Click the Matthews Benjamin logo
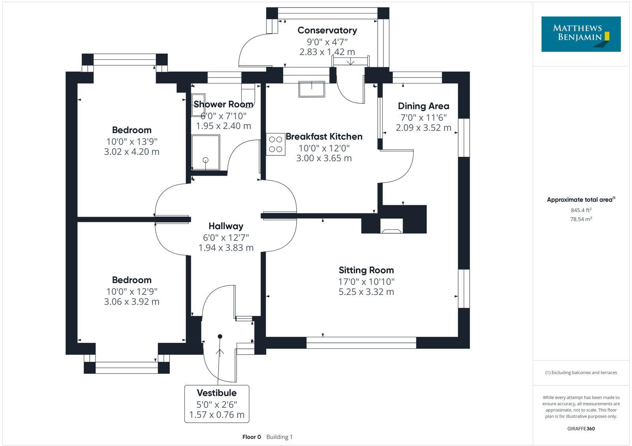pyautogui.click(x=581, y=34)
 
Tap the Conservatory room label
pyautogui.click(x=327, y=30)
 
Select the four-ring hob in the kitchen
pyautogui.click(x=276, y=144)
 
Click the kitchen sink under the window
pyautogui.click(x=312, y=89)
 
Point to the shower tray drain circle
pyautogui.click(x=205, y=160)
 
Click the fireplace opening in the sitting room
pyautogui.click(x=391, y=226)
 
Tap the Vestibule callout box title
pyautogui.click(x=217, y=393)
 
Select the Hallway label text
pyautogui.click(x=226, y=226)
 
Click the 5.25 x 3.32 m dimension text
pyautogui.click(x=366, y=292)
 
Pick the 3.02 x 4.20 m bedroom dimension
pyautogui.click(x=132, y=152)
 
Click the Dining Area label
pyautogui.click(x=423, y=106)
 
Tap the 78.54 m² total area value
pyautogui.click(x=581, y=219)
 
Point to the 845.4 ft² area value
pyautogui.click(x=581, y=210)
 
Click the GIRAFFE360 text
pyautogui.click(x=581, y=429)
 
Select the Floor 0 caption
pyautogui.click(x=252, y=437)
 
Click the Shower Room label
pyautogui.click(x=223, y=104)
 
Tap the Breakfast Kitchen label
pyautogui.click(x=324, y=137)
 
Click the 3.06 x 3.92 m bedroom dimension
pyautogui.click(x=132, y=302)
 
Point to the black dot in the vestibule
pyautogui.click(x=220, y=336)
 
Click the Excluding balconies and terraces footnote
pyautogui.click(x=581, y=372)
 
